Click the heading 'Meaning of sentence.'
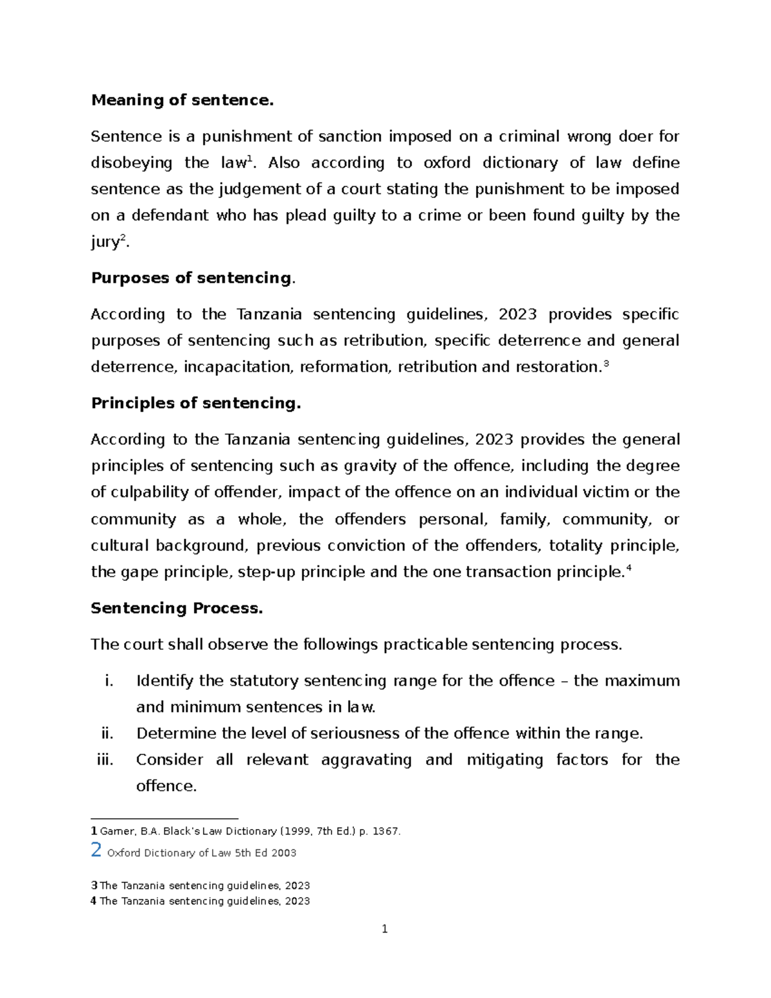click(182, 100)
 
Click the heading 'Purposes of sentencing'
click(191, 278)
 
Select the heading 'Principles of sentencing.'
click(196, 403)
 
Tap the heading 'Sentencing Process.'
click(177, 608)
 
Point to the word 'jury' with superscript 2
click(105, 243)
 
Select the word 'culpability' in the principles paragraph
click(149, 492)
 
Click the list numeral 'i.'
click(109, 681)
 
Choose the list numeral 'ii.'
click(107, 733)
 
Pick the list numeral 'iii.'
click(105, 760)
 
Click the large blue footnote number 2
click(96, 850)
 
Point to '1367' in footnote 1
click(385, 831)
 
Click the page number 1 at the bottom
click(384, 929)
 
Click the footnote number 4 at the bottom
click(94, 901)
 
